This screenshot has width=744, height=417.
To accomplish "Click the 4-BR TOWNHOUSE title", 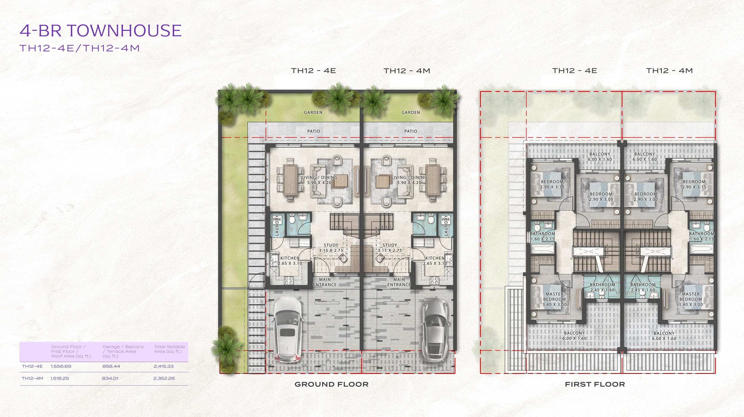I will tap(101, 31).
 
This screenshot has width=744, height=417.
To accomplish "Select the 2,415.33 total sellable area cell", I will tap(163, 366).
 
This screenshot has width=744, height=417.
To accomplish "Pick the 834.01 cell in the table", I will tap(110, 378).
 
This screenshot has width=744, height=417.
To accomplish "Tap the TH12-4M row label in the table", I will tap(32, 378).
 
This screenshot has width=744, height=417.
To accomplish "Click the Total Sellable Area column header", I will tap(169, 349).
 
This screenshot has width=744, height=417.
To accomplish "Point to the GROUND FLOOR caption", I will tap(332, 384).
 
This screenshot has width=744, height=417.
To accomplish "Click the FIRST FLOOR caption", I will tap(595, 384).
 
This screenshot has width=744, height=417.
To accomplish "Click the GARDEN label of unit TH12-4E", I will tap(313, 112).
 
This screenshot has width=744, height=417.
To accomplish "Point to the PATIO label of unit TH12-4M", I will tap(411, 131).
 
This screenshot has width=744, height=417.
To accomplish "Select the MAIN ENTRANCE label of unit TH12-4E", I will tap(325, 282).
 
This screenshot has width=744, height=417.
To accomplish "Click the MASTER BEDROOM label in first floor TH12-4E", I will tap(554, 299).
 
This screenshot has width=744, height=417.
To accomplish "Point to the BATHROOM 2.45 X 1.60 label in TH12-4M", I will tap(643, 287).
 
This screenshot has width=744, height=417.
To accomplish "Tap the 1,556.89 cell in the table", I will tap(61, 366).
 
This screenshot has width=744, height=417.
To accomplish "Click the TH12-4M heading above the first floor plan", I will tap(669, 71).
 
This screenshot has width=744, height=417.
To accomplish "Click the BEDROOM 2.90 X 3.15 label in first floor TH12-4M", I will tap(694, 184).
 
